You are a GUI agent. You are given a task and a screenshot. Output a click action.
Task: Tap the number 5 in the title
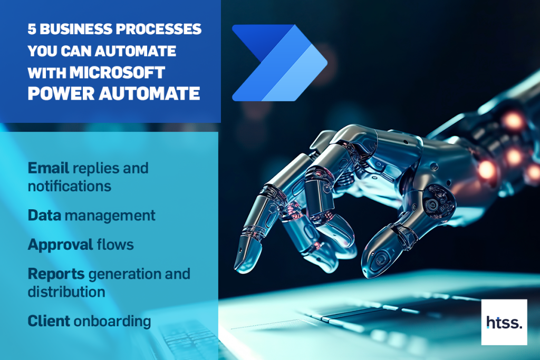point(32,30)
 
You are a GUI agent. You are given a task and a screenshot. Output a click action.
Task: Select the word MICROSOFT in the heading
point(117,73)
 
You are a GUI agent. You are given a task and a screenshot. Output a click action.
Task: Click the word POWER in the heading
point(61,94)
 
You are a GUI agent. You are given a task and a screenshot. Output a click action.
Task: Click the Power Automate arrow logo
point(279,63)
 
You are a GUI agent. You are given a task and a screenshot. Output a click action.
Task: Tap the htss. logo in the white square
point(504,322)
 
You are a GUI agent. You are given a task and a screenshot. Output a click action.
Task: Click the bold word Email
point(48,168)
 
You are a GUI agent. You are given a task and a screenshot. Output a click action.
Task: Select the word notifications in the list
point(70,186)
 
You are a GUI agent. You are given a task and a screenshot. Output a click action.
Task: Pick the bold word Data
point(44,216)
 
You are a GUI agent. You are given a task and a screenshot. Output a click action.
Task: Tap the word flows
point(115,245)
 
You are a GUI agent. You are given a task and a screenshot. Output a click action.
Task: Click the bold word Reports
point(56,274)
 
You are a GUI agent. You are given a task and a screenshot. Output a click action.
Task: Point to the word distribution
point(66,292)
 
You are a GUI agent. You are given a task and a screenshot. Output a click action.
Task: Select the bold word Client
point(49,321)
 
